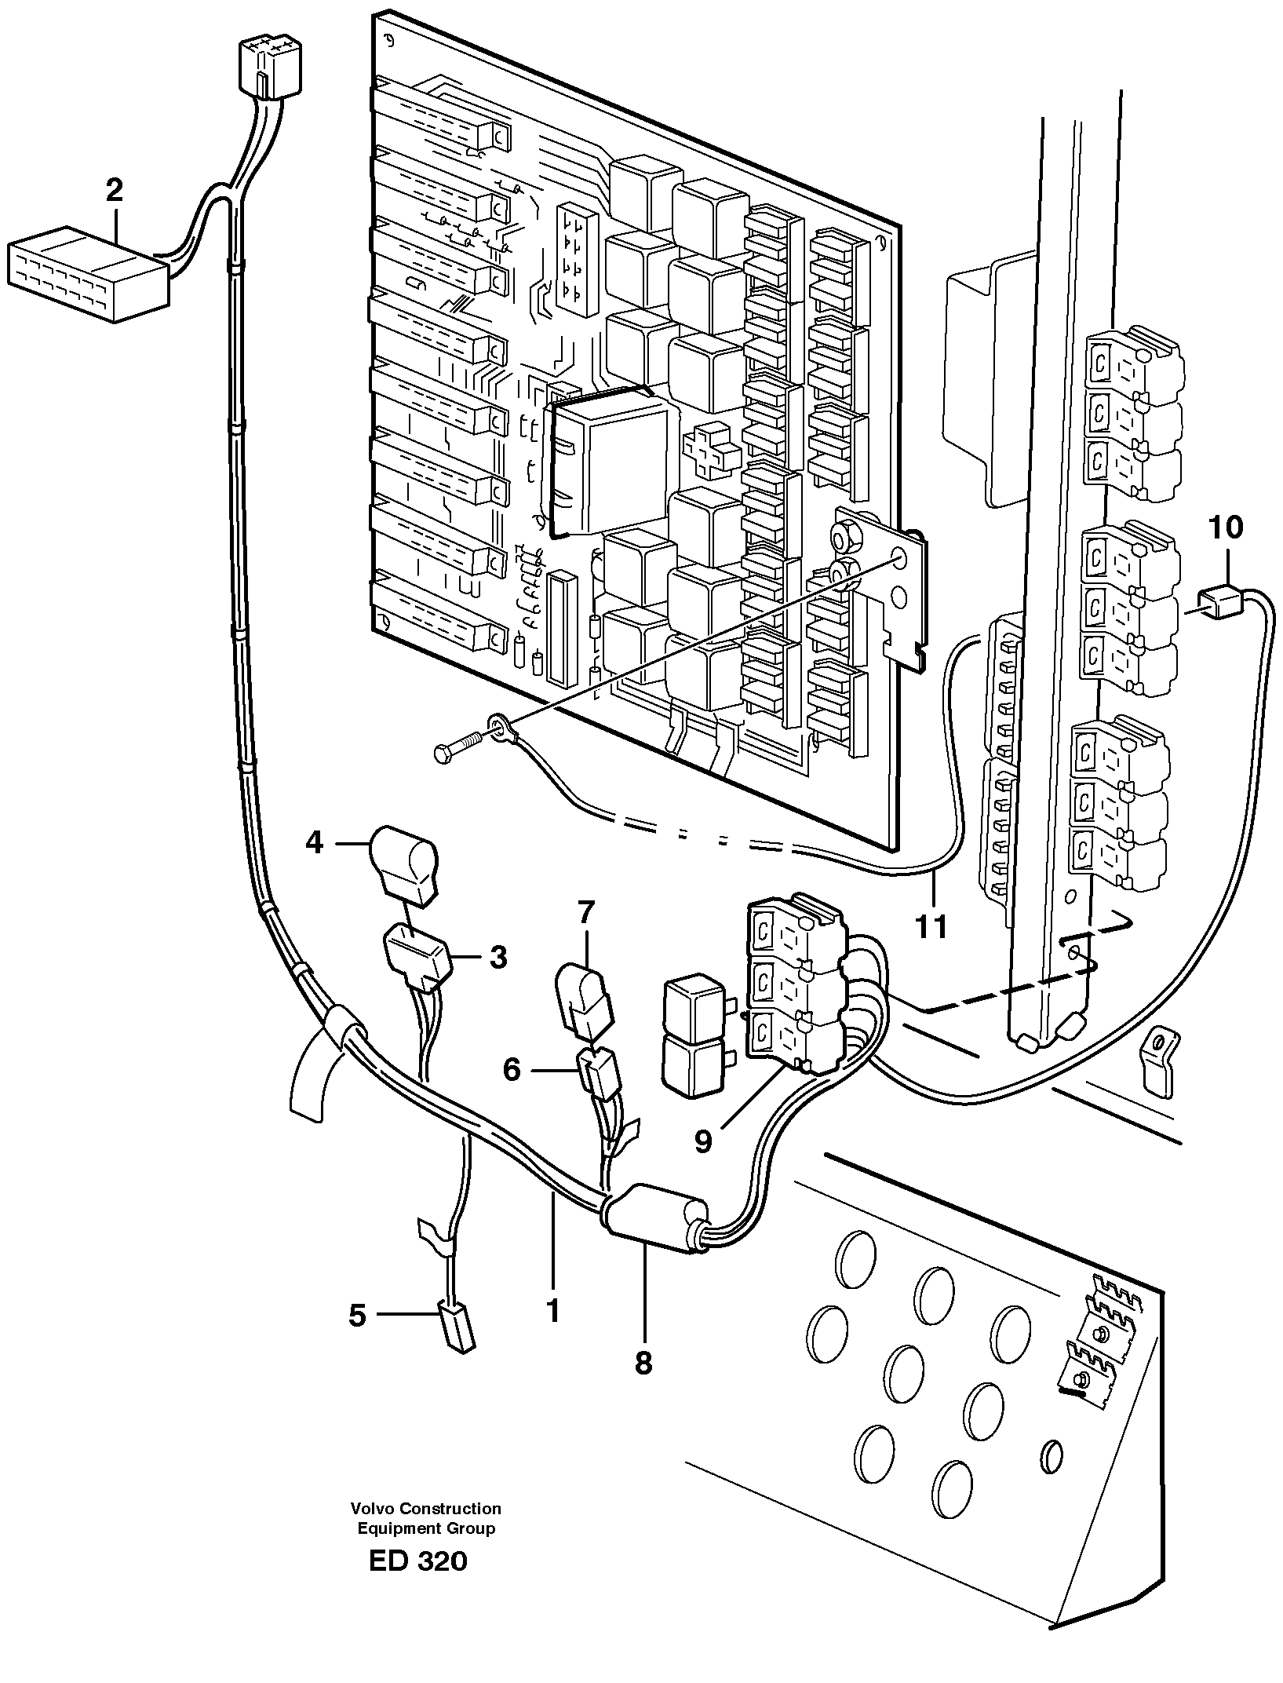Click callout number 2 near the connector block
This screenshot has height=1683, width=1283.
click(115, 191)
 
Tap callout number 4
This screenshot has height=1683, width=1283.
click(314, 843)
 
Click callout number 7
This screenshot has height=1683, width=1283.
click(586, 914)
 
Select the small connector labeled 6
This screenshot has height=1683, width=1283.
click(600, 1073)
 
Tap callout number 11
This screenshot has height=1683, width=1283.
click(931, 927)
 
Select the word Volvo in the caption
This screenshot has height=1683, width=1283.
click(373, 1508)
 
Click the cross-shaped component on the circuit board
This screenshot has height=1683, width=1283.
click(713, 451)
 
